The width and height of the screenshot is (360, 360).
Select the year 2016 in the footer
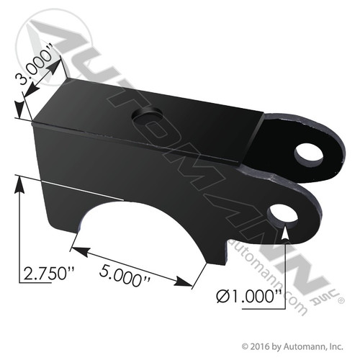point(260,345)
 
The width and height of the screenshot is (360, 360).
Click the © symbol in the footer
point(245,345)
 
